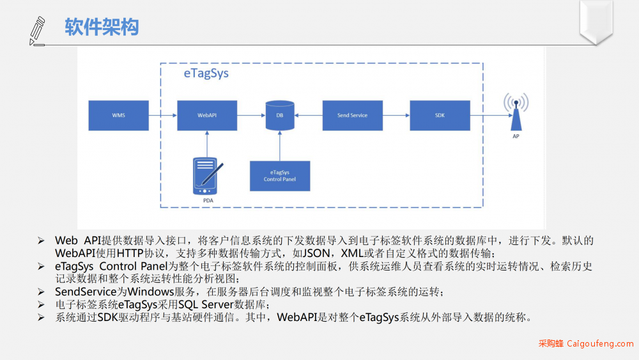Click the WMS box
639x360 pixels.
119,115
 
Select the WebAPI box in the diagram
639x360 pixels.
207,115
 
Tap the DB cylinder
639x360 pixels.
280,115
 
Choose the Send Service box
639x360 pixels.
353,115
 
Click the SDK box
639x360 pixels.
440,115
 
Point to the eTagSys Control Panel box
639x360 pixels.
280,176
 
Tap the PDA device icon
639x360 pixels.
207,176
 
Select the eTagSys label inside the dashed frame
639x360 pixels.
206,73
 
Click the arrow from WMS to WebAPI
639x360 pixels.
163,115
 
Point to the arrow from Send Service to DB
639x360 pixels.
309,115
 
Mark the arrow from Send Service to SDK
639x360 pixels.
396,115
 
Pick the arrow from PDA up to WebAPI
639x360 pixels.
207,144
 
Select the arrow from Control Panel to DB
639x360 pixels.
280,146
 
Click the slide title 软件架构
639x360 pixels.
102,27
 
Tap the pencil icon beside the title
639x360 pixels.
37,31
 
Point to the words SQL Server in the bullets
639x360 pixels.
205,304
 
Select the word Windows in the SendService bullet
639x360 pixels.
151,292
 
